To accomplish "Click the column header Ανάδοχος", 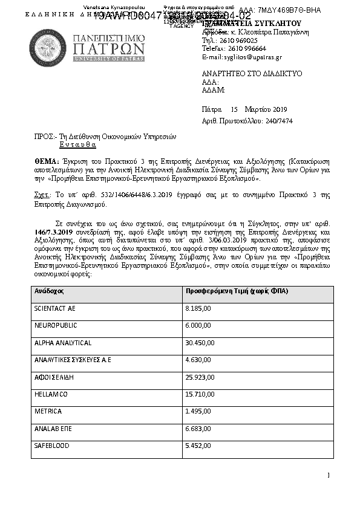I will point(49,291).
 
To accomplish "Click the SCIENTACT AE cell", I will point(56,308).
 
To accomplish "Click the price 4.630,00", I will point(198,360).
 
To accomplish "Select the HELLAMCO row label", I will point(51,394).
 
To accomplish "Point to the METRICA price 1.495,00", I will point(198,411).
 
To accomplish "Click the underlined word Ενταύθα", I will point(74,146).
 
